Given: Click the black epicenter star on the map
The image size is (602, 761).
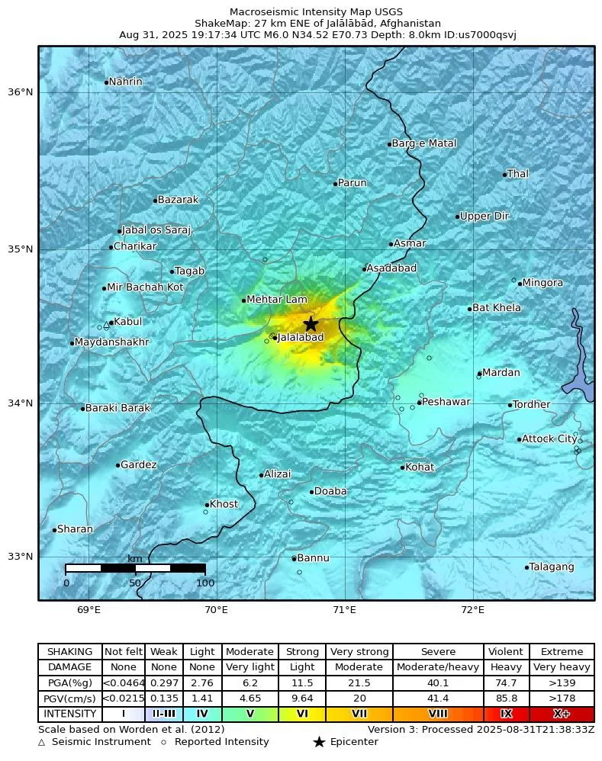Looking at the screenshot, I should [311, 324].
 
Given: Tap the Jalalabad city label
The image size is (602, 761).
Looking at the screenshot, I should [301, 337].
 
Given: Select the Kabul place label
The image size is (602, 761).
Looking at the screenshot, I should [127, 322].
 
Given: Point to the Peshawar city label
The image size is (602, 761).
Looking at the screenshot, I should [446, 402].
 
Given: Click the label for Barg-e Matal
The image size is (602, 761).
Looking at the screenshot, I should [423, 143].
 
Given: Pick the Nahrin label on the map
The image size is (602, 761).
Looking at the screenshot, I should [125, 82].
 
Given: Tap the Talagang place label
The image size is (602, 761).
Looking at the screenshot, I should [552, 567].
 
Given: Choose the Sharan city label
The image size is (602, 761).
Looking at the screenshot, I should [76, 529].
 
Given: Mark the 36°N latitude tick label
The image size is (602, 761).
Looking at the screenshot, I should [20, 92].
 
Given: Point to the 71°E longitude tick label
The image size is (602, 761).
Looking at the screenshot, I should [345, 609].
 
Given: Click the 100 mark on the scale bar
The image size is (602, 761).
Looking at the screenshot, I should [205, 583].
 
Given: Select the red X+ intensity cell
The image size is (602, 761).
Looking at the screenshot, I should [562, 714].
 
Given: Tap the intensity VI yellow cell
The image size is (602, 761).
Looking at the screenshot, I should [302, 714].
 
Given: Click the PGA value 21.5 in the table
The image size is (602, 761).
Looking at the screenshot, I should [359, 683].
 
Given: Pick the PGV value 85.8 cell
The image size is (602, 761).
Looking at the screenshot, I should [506, 698].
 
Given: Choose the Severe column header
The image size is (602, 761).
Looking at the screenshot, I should [438, 652].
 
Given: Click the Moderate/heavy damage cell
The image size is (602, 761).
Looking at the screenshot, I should [438, 667].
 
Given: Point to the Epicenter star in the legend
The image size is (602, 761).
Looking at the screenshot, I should [319, 742].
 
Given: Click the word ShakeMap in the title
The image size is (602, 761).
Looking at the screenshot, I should [218, 24].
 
